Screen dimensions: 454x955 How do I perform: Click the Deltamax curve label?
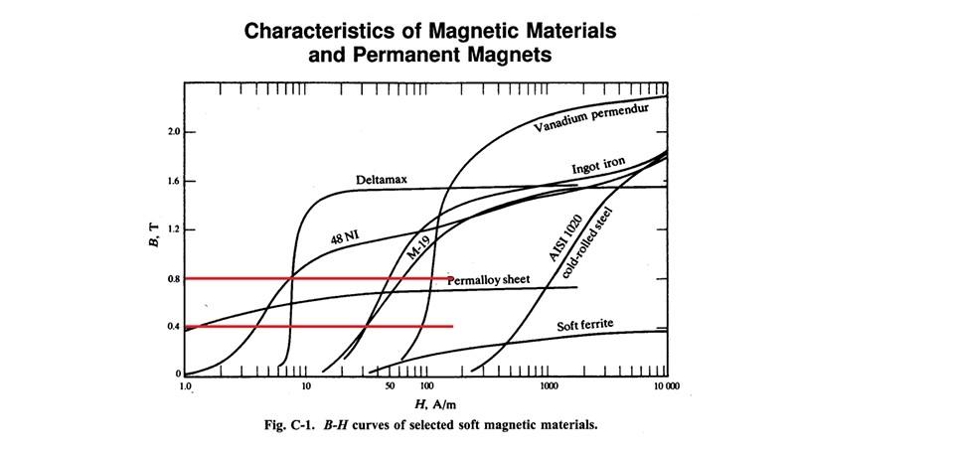(x=383, y=181)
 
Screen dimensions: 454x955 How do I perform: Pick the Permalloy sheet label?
(x=488, y=280)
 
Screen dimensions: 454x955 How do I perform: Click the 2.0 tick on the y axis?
(x=174, y=132)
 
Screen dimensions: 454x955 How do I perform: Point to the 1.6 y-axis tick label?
(x=174, y=181)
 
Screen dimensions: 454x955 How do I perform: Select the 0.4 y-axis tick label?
(x=174, y=327)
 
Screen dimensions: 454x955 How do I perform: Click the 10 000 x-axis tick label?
(x=666, y=385)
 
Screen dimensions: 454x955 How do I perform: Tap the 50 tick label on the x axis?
(x=390, y=385)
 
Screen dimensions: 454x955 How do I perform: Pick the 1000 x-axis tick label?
(x=547, y=385)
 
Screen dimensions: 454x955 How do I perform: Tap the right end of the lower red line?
(x=452, y=326)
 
